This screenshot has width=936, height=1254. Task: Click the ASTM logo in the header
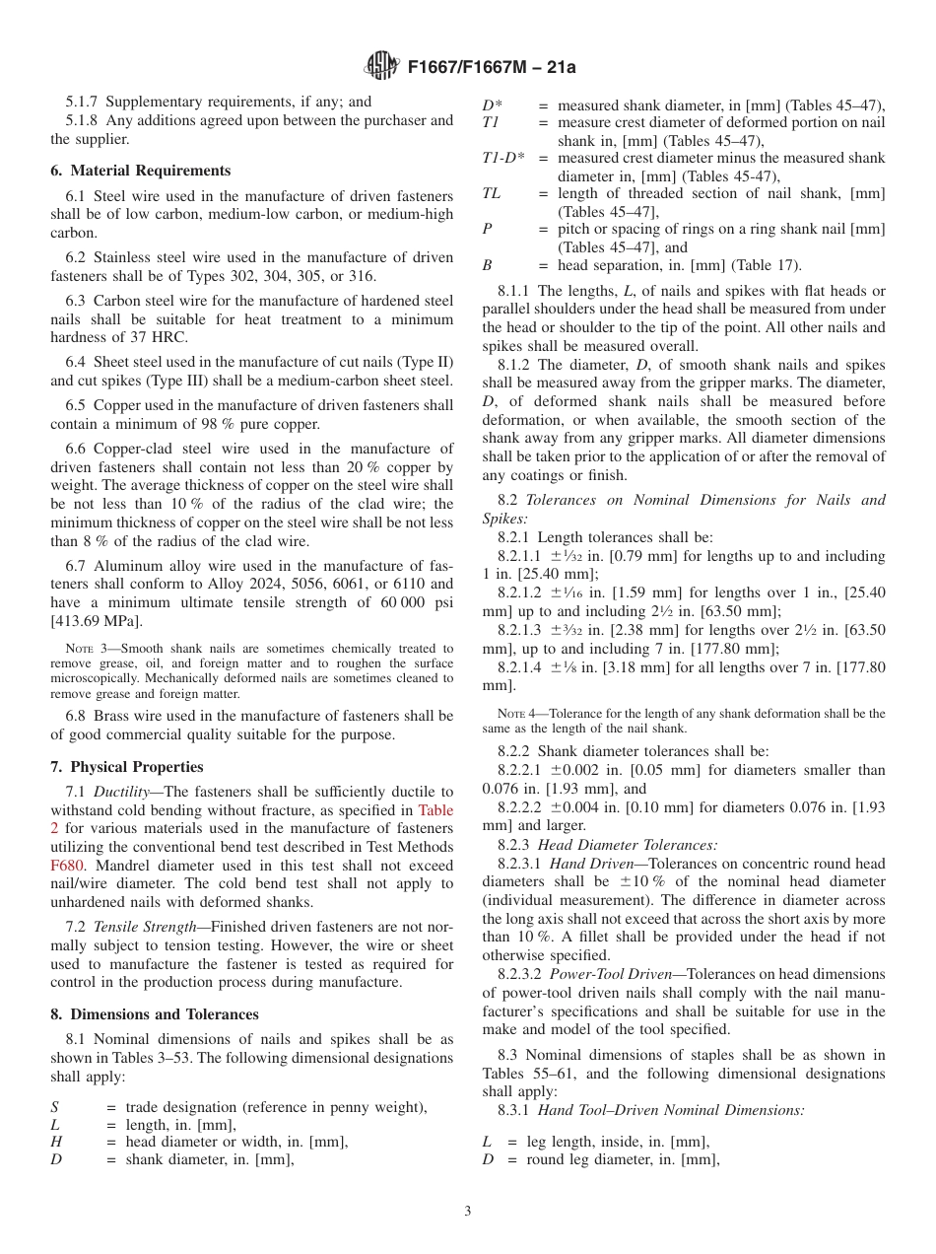tap(381, 66)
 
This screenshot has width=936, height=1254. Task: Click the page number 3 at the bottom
tap(467, 1212)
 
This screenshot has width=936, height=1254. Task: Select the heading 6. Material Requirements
tap(140, 171)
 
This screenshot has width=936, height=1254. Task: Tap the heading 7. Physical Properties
tap(127, 767)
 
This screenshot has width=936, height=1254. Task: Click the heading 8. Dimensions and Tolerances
tap(155, 1014)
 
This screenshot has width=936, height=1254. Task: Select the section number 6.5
tap(75, 405)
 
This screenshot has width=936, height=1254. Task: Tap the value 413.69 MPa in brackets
tap(98, 620)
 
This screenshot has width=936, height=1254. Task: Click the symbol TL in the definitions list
tap(491, 193)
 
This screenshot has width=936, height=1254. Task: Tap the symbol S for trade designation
tap(55, 1107)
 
